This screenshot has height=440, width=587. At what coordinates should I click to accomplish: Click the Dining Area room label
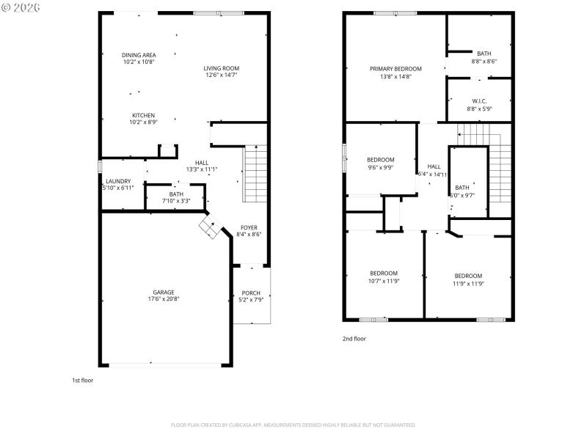139,55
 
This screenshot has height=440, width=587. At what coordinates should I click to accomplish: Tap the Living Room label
221,68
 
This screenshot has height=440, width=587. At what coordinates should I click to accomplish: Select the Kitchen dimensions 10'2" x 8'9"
143,122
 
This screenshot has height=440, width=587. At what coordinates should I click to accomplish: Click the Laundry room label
118,181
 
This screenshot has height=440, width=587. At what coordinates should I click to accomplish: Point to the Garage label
164,292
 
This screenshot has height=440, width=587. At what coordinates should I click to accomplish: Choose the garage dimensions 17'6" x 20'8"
164,299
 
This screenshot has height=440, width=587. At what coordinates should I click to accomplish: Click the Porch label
251,293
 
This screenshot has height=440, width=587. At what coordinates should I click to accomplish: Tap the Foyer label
249,227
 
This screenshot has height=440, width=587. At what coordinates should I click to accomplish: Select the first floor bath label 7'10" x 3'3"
176,200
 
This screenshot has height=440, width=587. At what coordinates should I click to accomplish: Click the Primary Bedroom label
395,68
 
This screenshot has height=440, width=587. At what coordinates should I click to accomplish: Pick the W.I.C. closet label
479,101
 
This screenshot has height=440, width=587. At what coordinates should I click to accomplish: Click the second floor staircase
499,169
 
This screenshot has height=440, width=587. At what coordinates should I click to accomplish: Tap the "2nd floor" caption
354,339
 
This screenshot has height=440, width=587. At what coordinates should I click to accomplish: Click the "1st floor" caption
82,381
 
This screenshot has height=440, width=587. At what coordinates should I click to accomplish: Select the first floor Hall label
202,163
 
